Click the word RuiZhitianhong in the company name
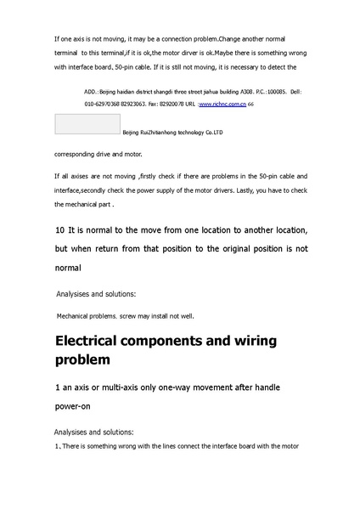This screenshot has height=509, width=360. pyautogui.click(x=153, y=133)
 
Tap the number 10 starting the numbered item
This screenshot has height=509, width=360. pyautogui.click(x=59, y=230)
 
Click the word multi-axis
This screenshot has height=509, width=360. pyautogui.click(x=114, y=387)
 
